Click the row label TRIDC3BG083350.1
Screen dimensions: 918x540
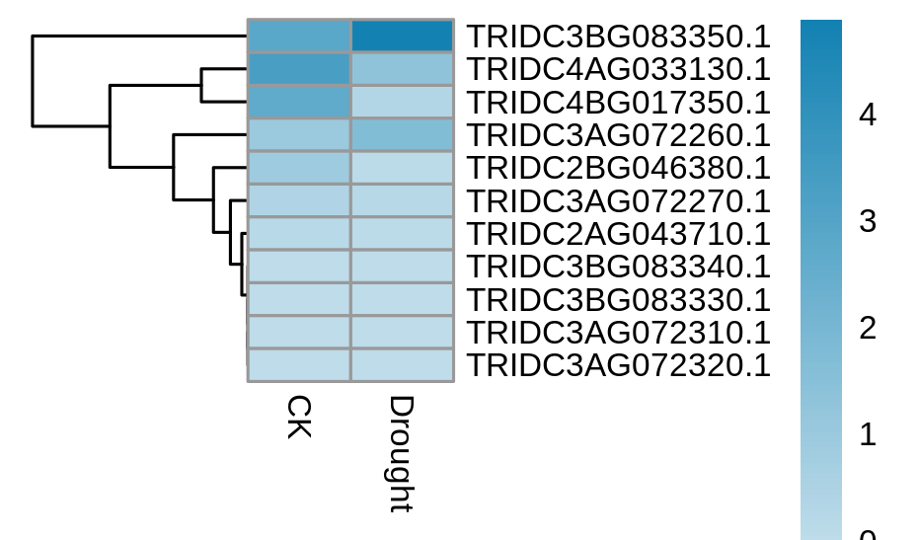pos(618,37)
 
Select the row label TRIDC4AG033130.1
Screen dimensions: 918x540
pos(618,69)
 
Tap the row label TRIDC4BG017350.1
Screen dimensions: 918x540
pos(618,103)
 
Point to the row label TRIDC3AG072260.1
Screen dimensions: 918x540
pos(618,135)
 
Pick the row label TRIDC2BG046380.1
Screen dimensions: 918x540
pos(618,168)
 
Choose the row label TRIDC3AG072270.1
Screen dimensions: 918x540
pos(618,200)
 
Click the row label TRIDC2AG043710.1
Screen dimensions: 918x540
pos(618,234)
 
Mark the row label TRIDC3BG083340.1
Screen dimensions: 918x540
pos(618,267)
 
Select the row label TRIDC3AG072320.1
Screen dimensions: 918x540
pos(618,365)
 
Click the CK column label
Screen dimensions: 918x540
pos(299,417)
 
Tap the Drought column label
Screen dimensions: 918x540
pos(402,454)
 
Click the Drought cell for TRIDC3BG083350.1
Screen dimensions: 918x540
pos(402,37)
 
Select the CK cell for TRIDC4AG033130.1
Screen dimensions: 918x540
pos(299,69)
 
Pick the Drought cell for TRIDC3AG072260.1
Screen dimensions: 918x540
pos(402,135)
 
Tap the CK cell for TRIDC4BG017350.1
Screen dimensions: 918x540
pos(299,103)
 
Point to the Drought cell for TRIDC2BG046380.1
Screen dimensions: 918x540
pos(402,168)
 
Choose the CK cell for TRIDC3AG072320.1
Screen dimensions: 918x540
pos(299,365)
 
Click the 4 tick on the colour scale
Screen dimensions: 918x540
pos(868,115)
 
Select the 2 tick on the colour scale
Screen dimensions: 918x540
pos(868,328)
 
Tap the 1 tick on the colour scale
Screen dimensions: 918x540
pos(868,434)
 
